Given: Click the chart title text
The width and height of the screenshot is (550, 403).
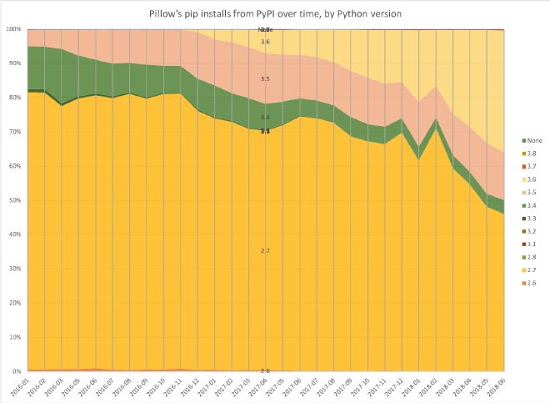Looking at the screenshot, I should (x=274, y=14).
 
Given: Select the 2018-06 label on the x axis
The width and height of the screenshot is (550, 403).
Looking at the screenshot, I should (x=497, y=386).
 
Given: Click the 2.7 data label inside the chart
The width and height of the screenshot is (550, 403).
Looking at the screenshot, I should (x=265, y=250).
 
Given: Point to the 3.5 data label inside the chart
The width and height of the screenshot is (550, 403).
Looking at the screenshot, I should (x=265, y=78).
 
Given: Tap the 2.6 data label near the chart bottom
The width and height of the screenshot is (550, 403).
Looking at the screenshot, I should (x=265, y=370).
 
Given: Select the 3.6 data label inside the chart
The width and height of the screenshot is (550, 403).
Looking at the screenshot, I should (x=265, y=42).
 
